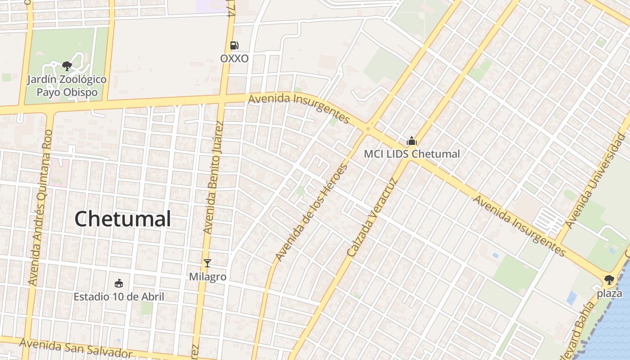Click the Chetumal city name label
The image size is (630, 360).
point(122,219)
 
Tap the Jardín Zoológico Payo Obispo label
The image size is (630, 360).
point(67,86)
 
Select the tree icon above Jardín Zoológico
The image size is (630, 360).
point(67,67)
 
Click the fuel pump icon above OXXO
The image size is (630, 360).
point(234,45)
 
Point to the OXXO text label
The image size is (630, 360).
point(234,58)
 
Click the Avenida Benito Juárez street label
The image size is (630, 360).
point(213,177)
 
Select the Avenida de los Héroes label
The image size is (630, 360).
point(311,212)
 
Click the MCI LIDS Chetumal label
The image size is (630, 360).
point(412,154)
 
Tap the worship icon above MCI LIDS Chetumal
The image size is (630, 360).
point(412,141)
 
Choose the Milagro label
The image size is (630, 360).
point(207,277)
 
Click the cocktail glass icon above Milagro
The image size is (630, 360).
point(207,263)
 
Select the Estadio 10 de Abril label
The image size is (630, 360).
point(119,297)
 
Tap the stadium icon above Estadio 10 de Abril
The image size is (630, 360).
point(119,283)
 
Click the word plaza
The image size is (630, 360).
point(609,293)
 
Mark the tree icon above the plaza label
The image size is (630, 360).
point(609,280)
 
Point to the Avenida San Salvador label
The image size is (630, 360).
point(76,349)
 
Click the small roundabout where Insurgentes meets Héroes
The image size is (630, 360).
point(368,129)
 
